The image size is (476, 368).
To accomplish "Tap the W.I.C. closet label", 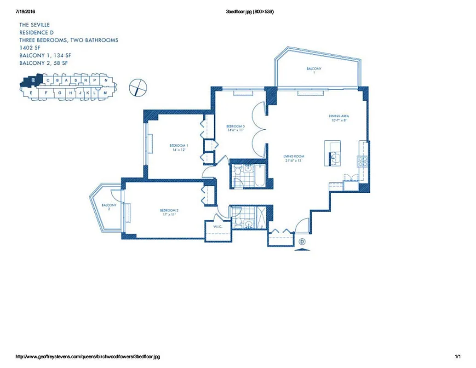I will coord(218,227).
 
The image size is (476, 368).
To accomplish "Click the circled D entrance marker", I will coord(302,241).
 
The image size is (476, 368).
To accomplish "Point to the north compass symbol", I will coord(138,86).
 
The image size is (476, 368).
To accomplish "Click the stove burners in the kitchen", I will coord(362,161).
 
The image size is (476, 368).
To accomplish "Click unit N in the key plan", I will coord(106,80).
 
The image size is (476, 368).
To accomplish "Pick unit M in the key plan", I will coord(105,92).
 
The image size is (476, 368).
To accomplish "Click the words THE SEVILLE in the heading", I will coord(34,25).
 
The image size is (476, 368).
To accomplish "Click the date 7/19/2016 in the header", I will coord(25,11).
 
